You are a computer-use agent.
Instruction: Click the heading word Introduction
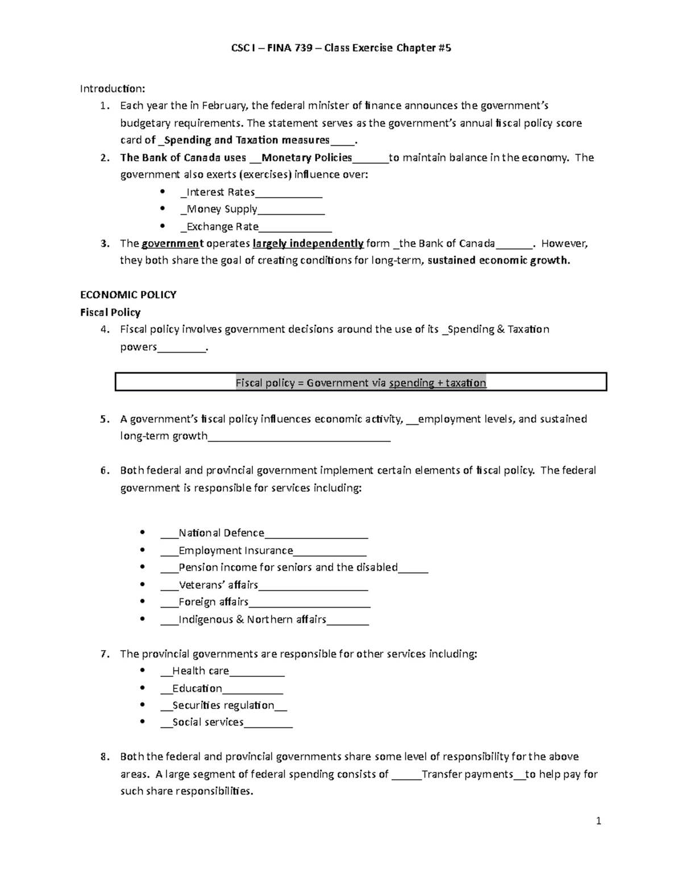click(x=112, y=89)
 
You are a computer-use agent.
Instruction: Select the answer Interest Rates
click(x=221, y=192)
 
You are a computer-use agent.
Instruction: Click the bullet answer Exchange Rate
click(x=222, y=227)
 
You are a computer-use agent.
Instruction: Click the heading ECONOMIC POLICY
click(x=128, y=295)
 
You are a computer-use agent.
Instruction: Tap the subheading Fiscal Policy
click(x=110, y=312)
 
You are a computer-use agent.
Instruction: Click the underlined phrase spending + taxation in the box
click(x=438, y=383)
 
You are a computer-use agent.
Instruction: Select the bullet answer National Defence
click(x=221, y=533)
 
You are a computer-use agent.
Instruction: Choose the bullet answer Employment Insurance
click(x=235, y=550)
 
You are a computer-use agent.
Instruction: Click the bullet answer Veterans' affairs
click(x=218, y=585)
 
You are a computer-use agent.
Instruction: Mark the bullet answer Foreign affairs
click(x=213, y=602)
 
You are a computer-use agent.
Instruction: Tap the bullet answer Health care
click(x=201, y=671)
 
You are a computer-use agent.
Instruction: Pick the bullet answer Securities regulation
click(x=223, y=705)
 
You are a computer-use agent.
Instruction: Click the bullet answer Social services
click(x=207, y=722)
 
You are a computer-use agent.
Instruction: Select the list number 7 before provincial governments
click(x=103, y=654)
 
